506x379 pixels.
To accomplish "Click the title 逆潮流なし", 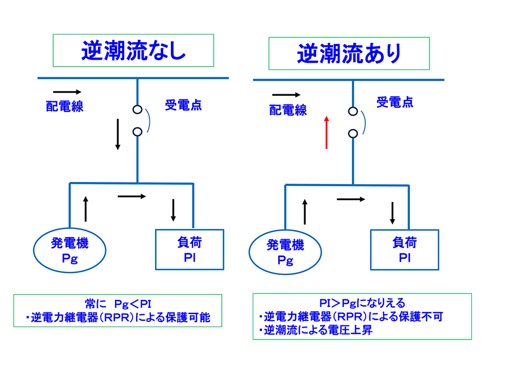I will [133, 51].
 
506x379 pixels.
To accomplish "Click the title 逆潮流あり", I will [349, 54].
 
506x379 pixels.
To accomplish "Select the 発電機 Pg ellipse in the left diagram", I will [70, 251].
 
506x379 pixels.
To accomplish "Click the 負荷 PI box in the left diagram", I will [189, 250].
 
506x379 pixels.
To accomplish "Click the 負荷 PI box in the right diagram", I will [404, 250].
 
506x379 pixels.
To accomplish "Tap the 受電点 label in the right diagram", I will [395, 102].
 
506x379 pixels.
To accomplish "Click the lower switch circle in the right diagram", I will [353, 133].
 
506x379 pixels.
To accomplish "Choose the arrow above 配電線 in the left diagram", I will [67, 92].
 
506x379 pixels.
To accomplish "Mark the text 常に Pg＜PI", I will [118, 303].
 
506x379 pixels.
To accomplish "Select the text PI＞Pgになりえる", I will [362, 303].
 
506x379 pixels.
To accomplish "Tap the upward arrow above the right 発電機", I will [305, 212].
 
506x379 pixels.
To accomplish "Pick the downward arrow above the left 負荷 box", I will [173, 210].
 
